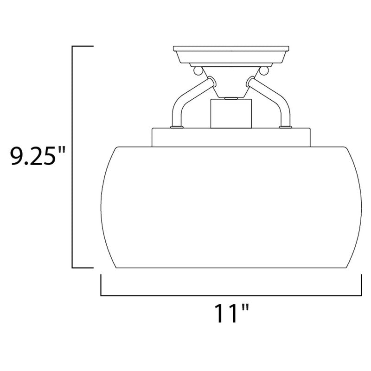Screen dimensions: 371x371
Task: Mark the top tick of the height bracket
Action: click(83, 46)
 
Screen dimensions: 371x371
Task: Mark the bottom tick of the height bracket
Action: click(83, 268)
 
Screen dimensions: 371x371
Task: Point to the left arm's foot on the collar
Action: click(176, 126)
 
